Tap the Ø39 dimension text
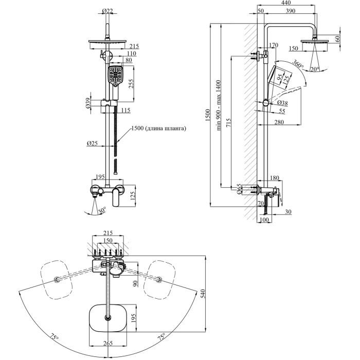(88, 103)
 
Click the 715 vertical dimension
(230, 123)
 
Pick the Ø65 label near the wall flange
(239, 191)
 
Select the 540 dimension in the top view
(203, 294)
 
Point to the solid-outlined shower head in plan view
(107, 318)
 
